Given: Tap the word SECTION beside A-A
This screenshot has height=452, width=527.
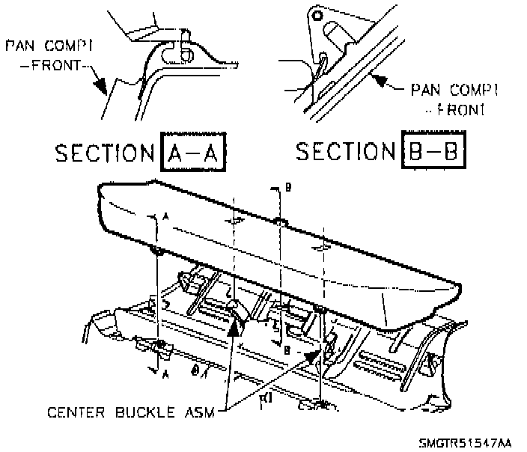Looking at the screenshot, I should coord(105,154).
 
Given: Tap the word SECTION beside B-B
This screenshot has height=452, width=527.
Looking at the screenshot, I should coord(345,152).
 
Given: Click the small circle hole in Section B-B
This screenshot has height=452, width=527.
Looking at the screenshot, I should coord(318,14).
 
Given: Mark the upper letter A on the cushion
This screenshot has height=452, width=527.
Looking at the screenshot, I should coord(164,216).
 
